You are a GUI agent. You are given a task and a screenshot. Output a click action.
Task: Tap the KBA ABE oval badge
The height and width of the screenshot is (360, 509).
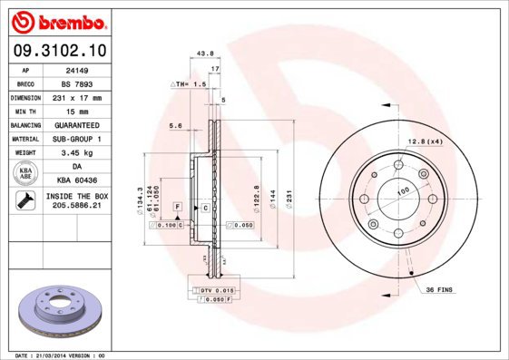(26, 173)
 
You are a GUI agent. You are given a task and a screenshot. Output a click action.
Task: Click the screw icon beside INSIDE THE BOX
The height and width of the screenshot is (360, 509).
(26, 200)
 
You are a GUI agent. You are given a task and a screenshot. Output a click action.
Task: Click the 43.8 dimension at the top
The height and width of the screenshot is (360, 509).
(204, 54)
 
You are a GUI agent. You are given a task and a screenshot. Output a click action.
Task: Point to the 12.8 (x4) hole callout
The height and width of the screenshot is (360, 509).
(425, 141)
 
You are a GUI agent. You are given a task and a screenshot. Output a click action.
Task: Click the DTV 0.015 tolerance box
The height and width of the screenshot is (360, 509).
(211, 288)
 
